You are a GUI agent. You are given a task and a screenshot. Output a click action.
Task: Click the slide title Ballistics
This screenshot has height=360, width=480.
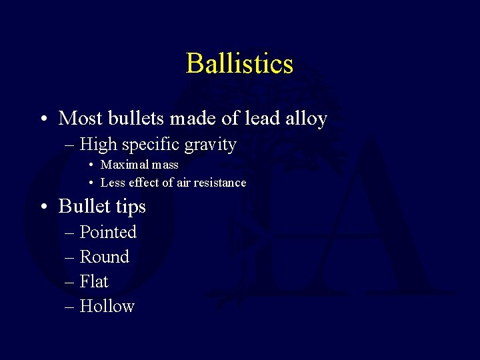click(x=239, y=64)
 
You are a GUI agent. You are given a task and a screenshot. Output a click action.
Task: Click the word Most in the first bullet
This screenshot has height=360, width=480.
click(x=79, y=119)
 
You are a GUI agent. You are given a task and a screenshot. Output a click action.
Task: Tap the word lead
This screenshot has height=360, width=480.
click(x=263, y=119)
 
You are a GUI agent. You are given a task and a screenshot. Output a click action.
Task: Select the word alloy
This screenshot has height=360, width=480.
click(x=306, y=119)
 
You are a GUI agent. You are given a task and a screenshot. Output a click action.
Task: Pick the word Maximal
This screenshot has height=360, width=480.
click(x=121, y=164)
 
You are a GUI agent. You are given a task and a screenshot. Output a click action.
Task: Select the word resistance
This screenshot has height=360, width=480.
click(x=221, y=182)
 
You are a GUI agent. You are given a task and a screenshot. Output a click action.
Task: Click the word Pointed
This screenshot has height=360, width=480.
click(x=108, y=232)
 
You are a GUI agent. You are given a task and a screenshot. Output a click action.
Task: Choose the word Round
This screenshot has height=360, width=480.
click(x=105, y=257)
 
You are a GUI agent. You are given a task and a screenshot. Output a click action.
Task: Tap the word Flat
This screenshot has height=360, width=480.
click(x=94, y=281)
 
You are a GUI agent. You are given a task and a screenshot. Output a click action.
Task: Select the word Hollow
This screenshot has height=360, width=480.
click(x=107, y=306)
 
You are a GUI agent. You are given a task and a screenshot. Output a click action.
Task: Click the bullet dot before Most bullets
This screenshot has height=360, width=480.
click(x=42, y=119)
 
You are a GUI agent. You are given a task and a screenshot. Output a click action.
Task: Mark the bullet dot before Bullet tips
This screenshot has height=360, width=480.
click(x=42, y=207)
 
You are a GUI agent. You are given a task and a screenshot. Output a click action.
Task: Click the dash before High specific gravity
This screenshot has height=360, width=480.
click(x=70, y=145)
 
